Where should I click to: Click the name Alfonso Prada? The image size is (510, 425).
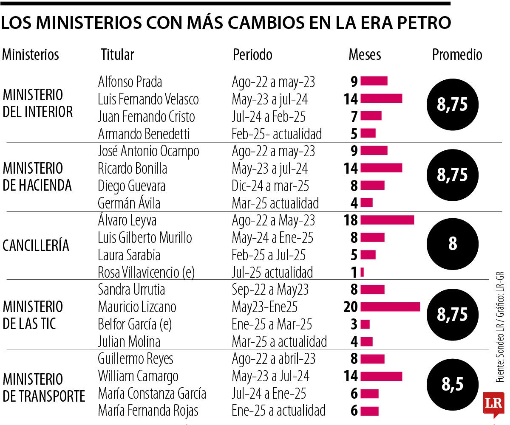130,81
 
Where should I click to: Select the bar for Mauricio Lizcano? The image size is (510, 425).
390,307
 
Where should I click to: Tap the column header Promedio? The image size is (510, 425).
457,55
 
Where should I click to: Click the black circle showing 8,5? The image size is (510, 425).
452,385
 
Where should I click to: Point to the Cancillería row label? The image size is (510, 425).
36,246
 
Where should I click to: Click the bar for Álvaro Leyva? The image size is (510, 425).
387,220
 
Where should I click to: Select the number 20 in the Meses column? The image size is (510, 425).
351,307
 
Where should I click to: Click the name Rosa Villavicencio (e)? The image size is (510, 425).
146,272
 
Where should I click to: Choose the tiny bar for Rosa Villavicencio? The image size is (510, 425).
362,272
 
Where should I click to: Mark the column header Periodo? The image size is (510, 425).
252,55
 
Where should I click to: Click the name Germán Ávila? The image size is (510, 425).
129,203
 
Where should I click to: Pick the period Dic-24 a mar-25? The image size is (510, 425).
270,186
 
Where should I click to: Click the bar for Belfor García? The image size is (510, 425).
365,324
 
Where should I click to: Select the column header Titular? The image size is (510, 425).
117,55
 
